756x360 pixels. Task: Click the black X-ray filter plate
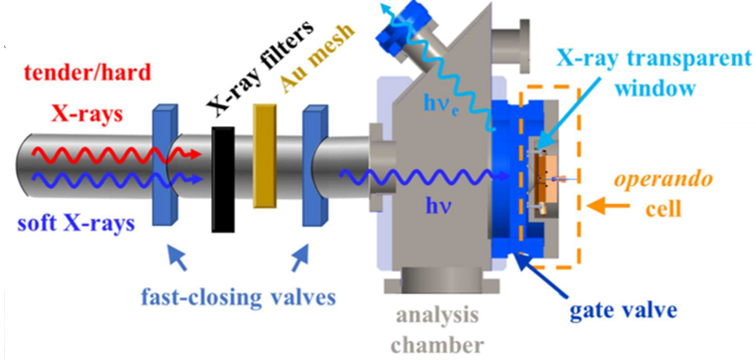(x=223, y=179)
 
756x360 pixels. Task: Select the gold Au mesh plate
(x=265, y=156)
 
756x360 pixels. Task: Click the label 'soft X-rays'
(x=76, y=225)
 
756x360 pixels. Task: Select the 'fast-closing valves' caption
(x=238, y=297)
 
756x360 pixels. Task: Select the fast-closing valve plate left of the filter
(x=165, y=166)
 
